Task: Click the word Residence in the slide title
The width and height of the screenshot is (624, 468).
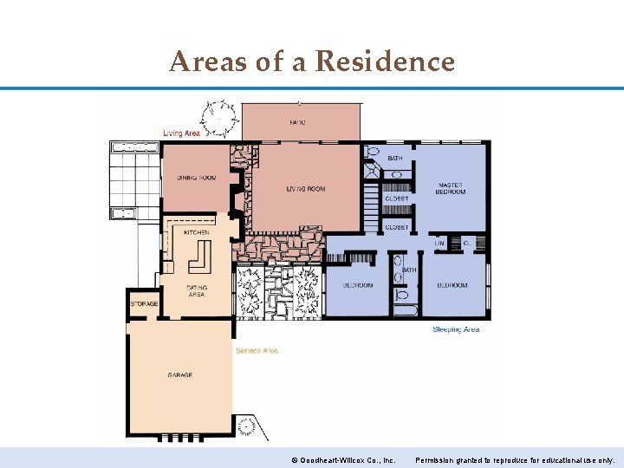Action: coord(385,62)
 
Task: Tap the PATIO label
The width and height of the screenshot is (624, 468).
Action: coord(297,122)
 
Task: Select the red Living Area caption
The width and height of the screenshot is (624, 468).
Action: coord(181,133)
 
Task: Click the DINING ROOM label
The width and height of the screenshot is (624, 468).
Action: coord(197,178)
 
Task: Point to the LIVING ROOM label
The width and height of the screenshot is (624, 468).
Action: coord(306,189)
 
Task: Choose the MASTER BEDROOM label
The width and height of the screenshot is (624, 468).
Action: coord(451,188)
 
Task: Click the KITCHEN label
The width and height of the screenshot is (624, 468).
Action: coord(196,232)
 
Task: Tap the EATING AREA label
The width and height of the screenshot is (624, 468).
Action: coord(197,291)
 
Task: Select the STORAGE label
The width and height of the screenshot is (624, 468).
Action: coord(144,304)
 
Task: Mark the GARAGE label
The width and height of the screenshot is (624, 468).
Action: coord(180,375)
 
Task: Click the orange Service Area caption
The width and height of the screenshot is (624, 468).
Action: coord(257,351)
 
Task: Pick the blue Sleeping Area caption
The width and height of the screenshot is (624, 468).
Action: coord(456,329)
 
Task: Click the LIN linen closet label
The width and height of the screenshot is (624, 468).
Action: coord(439,244)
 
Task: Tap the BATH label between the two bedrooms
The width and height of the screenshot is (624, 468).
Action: coord(409,270)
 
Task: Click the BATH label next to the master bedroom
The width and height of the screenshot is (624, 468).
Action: coord(394,159)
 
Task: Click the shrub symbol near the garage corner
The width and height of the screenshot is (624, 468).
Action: coord(247,426)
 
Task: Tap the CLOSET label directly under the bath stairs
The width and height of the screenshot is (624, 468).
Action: coord(396,198)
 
